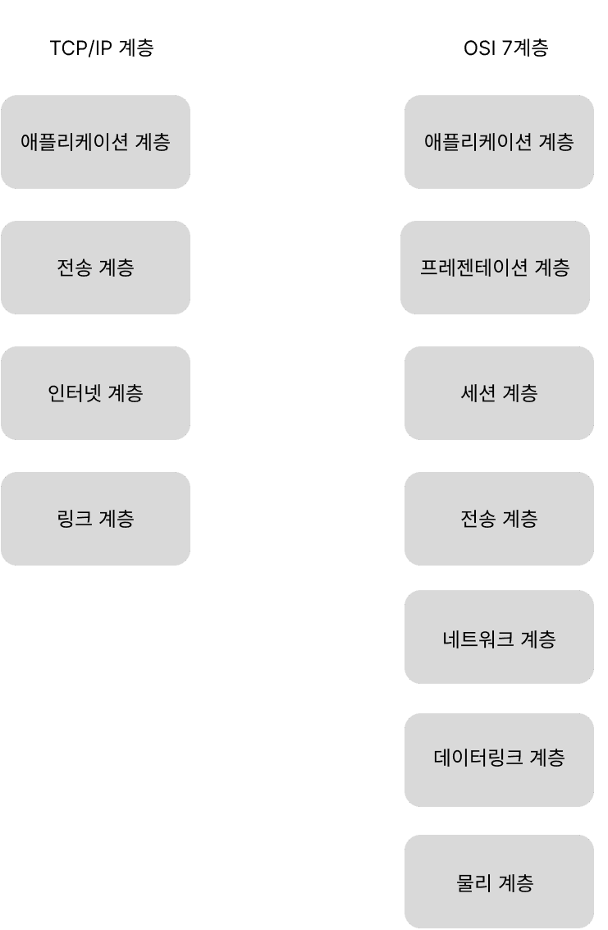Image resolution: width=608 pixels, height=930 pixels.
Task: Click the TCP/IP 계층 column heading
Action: (x=102, y=48)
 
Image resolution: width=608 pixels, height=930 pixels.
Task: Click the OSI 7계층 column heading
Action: (x=505, y=48)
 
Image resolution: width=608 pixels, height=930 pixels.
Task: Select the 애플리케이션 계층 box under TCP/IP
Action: (x=95, y=142)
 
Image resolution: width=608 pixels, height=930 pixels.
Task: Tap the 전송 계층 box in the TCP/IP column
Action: (x=95, y=268)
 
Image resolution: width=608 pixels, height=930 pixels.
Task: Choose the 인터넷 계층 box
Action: (x=95, y=393)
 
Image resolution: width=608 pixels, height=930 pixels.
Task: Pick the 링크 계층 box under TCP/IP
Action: (x=95, y=519)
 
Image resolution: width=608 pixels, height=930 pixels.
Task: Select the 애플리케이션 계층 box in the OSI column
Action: (x=499, y=142)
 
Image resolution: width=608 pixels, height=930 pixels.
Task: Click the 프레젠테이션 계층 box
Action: (x=496, y=268)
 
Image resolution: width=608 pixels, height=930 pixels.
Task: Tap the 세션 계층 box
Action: (x=499, y=393)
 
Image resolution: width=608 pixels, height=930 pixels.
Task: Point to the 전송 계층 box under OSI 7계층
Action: (x=499, y=519)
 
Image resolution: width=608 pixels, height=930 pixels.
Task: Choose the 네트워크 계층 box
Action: (x=499, y=637)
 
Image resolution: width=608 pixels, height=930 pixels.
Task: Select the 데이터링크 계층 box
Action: (x=499, y=760)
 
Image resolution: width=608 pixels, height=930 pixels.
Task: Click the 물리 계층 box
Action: (x=499, y=882)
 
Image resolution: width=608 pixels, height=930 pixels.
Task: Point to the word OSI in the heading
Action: (x=479, y=48)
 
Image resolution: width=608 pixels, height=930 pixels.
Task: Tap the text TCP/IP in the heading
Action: (x=80, y=48)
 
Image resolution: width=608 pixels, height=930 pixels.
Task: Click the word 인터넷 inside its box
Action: (x=74, y=393)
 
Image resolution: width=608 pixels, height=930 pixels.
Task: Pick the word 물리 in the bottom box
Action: (x=473, y=883)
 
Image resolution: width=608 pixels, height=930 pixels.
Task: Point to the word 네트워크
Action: (x=478, y=639)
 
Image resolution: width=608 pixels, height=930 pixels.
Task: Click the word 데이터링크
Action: (x=478, y=758)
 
